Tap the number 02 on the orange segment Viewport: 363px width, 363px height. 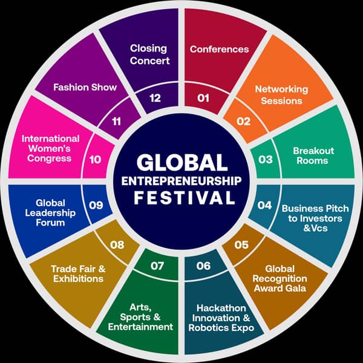point(243,121)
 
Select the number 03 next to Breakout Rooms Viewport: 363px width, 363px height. point(266,160)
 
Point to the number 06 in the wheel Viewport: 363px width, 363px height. point(203,266)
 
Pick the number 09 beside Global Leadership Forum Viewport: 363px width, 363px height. point(96,204)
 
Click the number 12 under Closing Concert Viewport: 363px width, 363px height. point(155,98)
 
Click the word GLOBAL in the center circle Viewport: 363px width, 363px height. point(181,162)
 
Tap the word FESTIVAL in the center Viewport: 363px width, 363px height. point(181,198)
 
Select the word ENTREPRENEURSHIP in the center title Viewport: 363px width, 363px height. point(181,180)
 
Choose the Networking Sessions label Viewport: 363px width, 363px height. point(281,94)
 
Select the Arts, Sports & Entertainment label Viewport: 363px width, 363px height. point(140,317)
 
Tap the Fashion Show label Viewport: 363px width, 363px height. point(85,87)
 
